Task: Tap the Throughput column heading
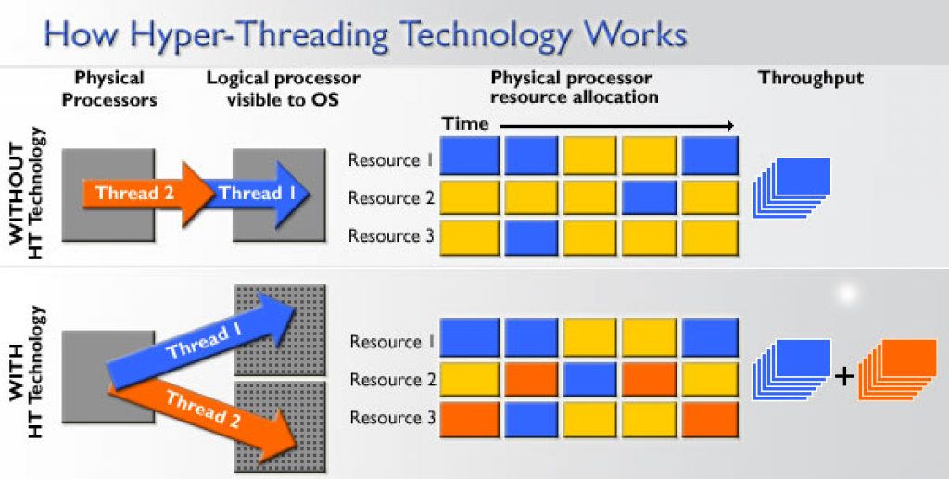click(x=811, y=79)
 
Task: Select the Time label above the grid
click(x=465, y=124)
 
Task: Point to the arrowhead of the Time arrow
click(x=730, y=126)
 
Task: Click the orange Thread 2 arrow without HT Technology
click(x=148, y=194)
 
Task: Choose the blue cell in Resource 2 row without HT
click(x=650, y=197)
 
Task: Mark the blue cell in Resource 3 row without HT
click(x=531, y=237)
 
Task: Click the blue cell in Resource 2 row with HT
click(x=590, y=380)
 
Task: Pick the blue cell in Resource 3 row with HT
click(x=531, y=419)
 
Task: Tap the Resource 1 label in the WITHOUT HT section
click(x=391, y=160)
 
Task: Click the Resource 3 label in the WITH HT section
click(x=392, y=418)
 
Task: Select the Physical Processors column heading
click(x=109, y=89)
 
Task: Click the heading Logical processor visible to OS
click(x=283, y=89)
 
